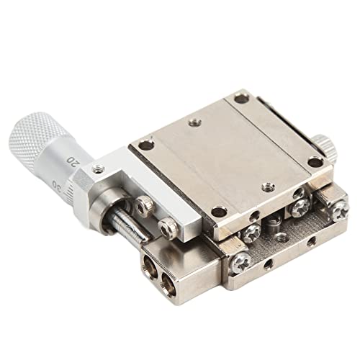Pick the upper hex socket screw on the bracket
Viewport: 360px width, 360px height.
(145, 207)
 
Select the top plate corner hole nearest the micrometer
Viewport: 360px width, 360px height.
(147, 145)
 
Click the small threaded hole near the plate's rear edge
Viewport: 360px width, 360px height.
(193, 122)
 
